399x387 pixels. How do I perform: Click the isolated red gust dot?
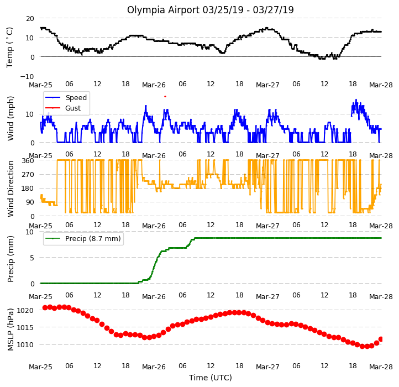pyautogui.click(x=165, y=97)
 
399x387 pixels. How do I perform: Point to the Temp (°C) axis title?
pyautogui.click(x=9, y=48)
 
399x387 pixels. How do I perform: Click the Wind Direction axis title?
pyautogui.click(x=11, y=189)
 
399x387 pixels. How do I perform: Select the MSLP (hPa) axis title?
pyautogui.click(x=11, y=330)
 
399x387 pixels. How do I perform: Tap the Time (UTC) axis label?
pyautogui.click(x=211, y=378)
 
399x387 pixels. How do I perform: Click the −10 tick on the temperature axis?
pyautogui.click(x=27, y=76)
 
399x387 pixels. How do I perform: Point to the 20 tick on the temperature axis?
pyautogui.click(x=30, y=19)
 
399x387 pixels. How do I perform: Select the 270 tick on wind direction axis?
pyautogui.click(x=28, y=175)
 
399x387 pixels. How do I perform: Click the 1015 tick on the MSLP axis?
pyautogui.click(x=25, y=328)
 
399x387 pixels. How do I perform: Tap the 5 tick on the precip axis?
pyautogui.click(x=32, y=258)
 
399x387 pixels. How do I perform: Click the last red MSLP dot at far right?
pyautogui.click(x=381, y=339)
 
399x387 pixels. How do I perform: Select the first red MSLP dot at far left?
pyautogui.click(x=45, y=307)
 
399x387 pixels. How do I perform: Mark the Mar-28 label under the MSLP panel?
pyautogui.click(x=381, y=367)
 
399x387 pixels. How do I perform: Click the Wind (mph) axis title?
pyautogui.click(x=11, y=118)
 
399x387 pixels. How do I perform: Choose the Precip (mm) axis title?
pyautogui.click(x=11, y=259)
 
